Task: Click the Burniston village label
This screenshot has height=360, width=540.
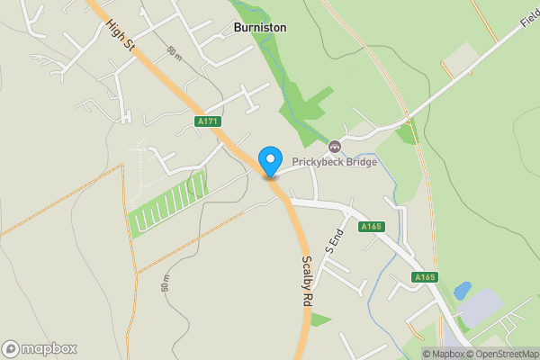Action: [260, 28]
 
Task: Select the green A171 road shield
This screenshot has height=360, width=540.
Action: [207, 121]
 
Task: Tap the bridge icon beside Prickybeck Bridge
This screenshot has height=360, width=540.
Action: [335, 146]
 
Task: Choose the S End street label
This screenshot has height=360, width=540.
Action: [334, 238]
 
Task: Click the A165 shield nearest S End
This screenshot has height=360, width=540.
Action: [370, 227]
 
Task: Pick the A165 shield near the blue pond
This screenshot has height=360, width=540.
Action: [425, 277]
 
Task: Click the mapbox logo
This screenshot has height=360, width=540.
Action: [40, 348]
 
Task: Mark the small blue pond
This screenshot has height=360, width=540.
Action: [463, 291]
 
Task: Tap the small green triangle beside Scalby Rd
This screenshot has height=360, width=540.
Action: [319, 319]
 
